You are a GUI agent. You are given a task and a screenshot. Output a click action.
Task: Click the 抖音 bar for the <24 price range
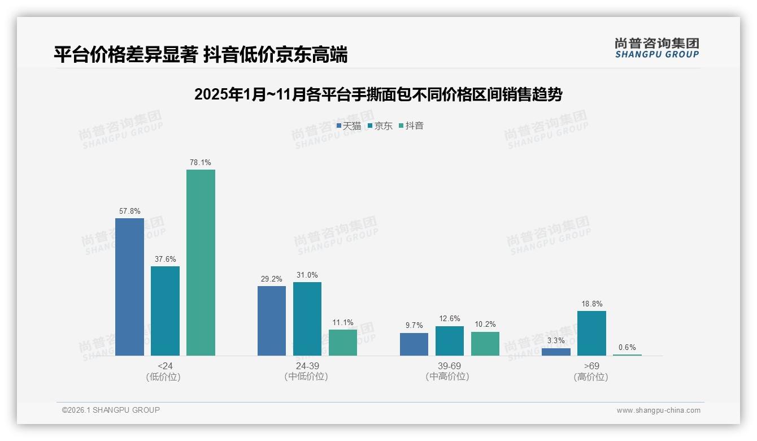(201, 262)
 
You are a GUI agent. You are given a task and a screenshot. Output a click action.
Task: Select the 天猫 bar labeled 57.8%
(129, 287)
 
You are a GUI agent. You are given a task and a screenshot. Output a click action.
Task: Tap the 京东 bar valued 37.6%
(165, 311)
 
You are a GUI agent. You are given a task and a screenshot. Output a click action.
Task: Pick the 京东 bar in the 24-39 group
(307, 319)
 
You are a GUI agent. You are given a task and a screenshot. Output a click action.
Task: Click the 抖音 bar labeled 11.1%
(343, 343)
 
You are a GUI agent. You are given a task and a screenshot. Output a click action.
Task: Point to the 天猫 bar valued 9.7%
(414, 344)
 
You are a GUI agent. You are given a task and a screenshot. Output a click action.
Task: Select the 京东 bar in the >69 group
(591, 333)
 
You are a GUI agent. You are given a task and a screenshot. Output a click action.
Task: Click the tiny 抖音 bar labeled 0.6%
(627, 354)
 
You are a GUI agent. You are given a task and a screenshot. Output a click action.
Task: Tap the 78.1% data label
(201, 162)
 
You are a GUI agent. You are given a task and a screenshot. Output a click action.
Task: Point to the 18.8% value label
(591, 304)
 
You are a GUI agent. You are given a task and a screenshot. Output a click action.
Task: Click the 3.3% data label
(556, 340)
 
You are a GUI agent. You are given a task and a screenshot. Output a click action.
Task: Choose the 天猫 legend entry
(349, 126)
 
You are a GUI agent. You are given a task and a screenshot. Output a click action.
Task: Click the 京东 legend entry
(380, 126)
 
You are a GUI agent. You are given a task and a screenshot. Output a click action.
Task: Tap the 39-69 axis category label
(449, 366)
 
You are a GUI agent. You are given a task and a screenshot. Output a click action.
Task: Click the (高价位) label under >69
(591, 377)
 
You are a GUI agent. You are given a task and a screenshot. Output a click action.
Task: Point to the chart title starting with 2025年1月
(378, 94)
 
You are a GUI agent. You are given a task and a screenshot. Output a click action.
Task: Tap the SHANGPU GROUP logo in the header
(656, 47)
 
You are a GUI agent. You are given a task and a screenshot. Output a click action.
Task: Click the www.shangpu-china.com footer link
(658, 410)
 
